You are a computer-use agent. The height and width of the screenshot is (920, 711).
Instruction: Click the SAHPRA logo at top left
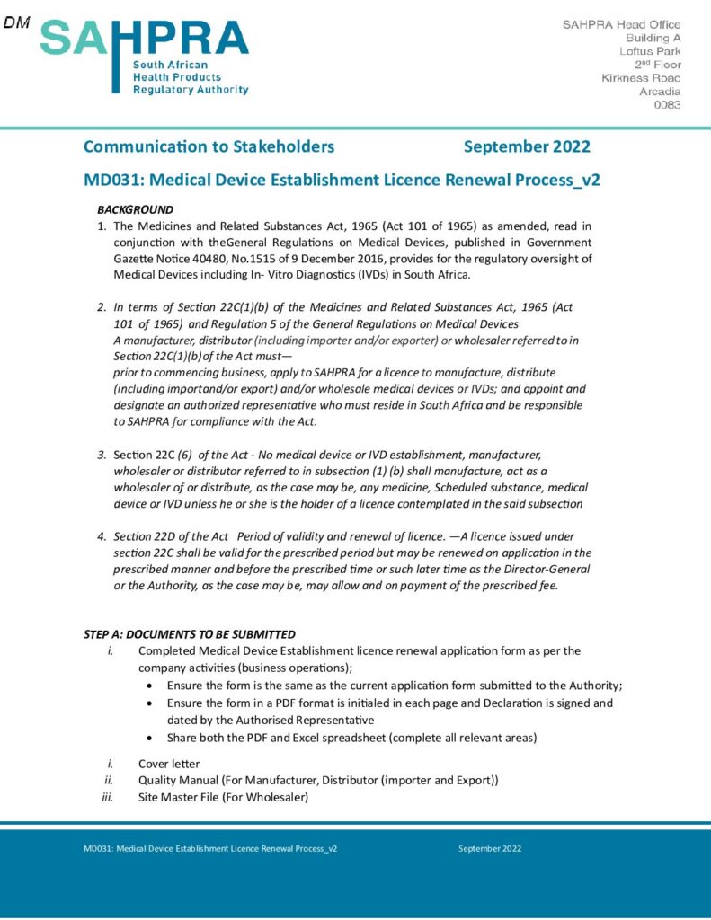[144, 56]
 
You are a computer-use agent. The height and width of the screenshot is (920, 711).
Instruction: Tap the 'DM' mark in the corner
[16, 22]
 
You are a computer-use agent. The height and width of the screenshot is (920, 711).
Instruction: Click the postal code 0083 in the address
[667, 105]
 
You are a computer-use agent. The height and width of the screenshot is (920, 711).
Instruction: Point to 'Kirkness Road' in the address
[641, 78]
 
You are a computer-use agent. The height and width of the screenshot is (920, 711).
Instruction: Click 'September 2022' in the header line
[527, 146]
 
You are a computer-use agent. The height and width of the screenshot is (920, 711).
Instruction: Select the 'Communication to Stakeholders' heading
[209, 146]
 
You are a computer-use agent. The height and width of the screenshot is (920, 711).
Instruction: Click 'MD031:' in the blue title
[109, 180]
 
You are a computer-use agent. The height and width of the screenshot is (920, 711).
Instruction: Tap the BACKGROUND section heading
[135, 209]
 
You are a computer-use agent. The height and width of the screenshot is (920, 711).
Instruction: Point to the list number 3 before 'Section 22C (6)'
[102, 455]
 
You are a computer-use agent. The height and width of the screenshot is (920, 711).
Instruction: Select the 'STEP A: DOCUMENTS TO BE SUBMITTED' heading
[190, 634]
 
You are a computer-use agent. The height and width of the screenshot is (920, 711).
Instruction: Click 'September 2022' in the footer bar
[489, 848]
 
